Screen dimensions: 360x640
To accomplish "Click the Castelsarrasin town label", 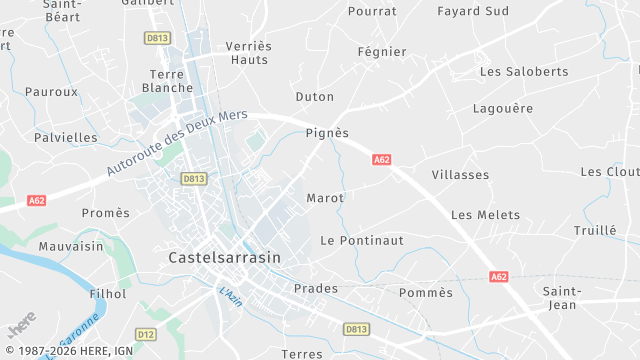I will coord(225,257).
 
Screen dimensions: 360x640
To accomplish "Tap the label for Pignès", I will coord(327,133).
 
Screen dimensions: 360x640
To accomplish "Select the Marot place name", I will coord(325,198).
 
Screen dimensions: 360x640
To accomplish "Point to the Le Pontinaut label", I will coord(362,241).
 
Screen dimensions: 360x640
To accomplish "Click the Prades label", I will coord(316,289).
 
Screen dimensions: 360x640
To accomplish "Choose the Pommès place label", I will coord(426,293).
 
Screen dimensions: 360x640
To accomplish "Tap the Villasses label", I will coord(460,175).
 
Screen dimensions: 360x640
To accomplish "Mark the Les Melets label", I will coord(485,215).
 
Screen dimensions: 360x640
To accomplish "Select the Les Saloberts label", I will coord(524,72).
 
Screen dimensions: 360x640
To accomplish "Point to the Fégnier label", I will coord(382,52).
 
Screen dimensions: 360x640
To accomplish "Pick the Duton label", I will coord(315,97).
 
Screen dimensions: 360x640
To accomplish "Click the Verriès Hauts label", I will coord(248,53).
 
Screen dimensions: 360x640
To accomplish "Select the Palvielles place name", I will coord(66,138).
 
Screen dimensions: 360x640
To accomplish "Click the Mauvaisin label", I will coord(71,246).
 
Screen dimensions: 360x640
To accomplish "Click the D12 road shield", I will coord(146,334).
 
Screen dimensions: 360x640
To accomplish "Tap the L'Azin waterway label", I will coord(232,297).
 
